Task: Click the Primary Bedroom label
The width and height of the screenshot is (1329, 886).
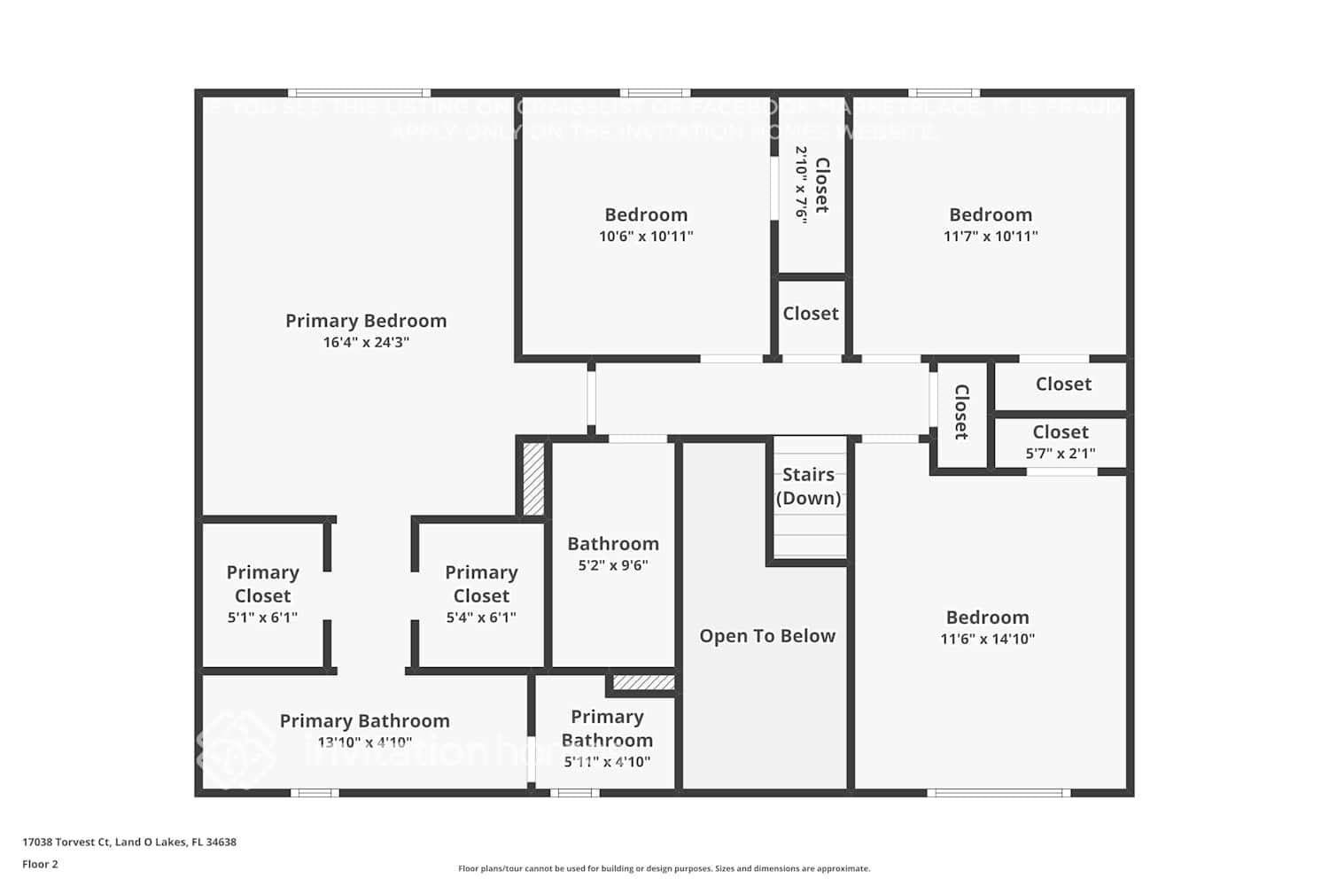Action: point(366,321)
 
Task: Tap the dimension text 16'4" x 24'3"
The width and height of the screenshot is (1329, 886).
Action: point(366,343)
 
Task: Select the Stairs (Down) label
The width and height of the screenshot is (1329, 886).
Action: point(808,486)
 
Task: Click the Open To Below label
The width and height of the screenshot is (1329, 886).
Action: point(767,636)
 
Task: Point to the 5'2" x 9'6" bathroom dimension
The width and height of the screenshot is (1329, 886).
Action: point(613,565)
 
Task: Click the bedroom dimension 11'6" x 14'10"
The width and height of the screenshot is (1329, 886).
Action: point(987,639)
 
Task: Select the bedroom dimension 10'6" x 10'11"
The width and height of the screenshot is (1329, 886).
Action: point(646,237)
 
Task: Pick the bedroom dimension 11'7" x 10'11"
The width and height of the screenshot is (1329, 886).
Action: point(991,237)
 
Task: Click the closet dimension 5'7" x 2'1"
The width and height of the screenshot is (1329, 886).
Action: point(1061,454)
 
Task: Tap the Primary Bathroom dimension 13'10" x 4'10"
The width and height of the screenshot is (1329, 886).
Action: point(364,742)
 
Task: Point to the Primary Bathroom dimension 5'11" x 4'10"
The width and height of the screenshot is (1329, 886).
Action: point(607,762)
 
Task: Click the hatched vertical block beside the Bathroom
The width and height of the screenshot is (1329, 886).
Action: point(533,478)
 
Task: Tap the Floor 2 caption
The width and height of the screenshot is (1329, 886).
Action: point(40,865)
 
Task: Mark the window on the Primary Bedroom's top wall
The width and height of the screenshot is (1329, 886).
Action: point(359,93)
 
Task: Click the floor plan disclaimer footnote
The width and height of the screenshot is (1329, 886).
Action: point(664,869)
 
